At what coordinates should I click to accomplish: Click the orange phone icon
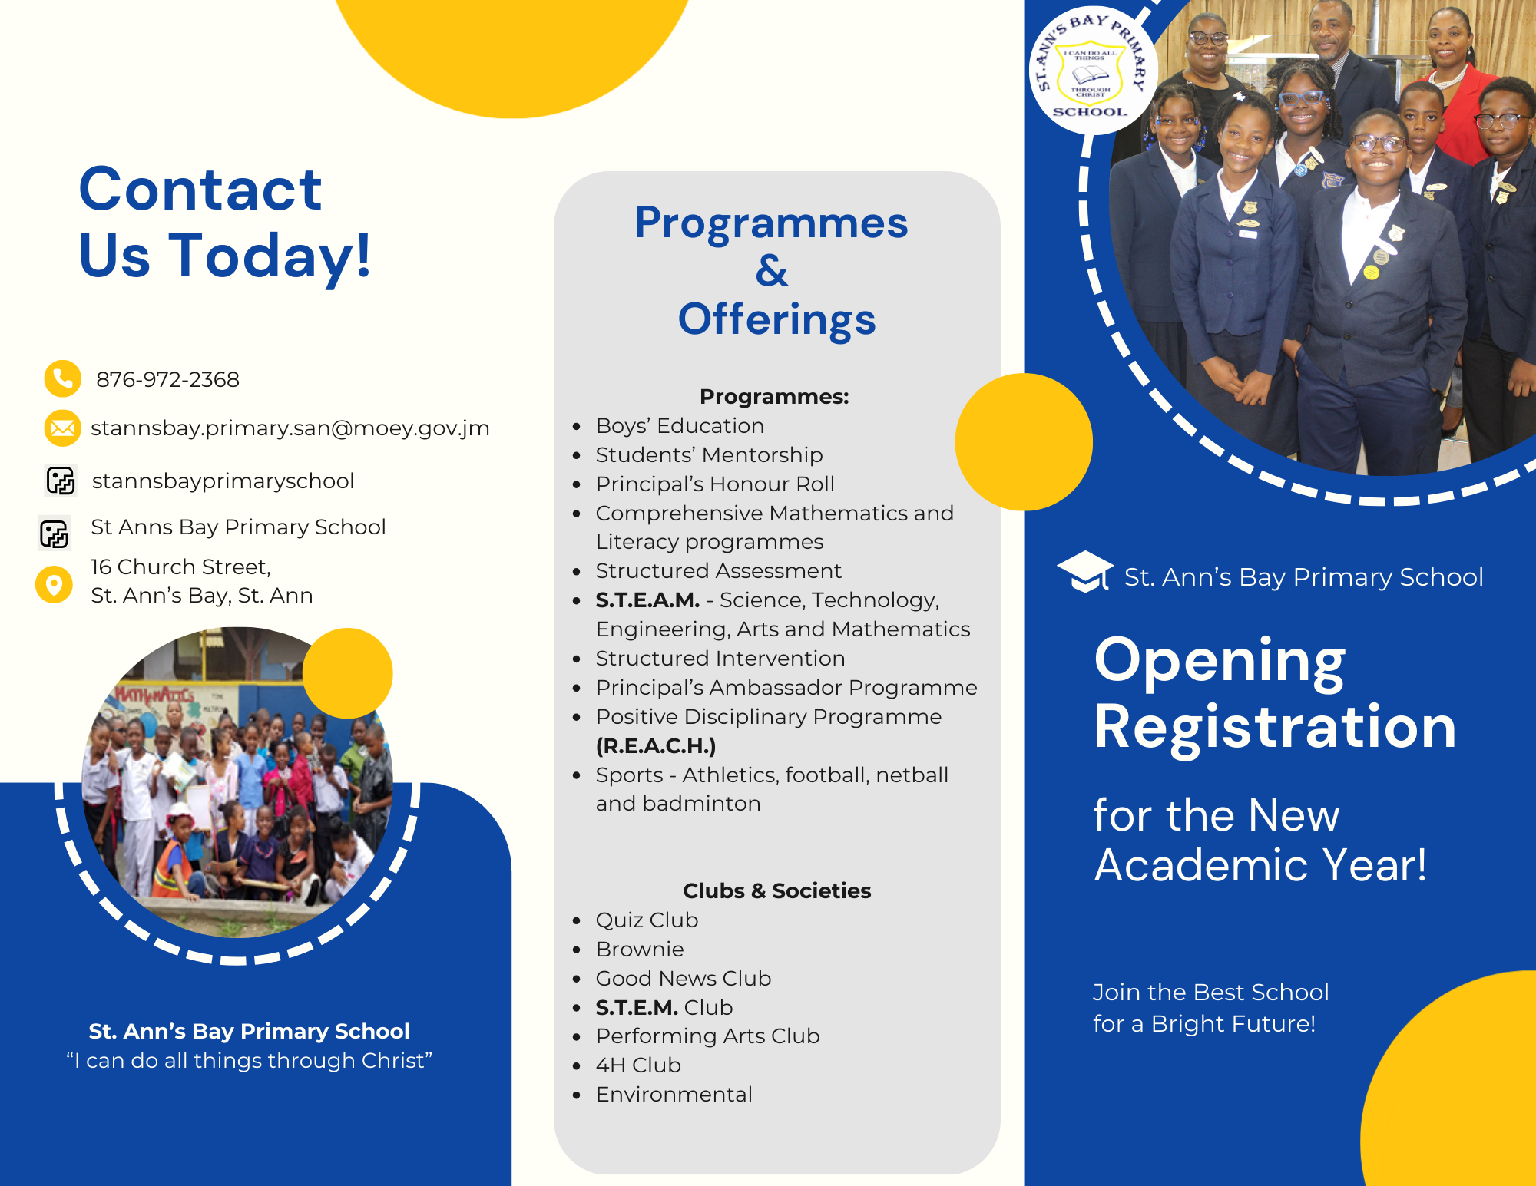coord(62,378)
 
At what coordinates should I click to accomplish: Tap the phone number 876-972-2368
coord(167,379)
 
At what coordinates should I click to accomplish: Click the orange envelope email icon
coord(62,428)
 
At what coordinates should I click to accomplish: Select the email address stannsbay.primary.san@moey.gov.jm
coord(290,428)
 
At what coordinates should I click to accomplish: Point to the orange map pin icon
coord(54,585)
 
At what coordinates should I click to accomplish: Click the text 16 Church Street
coord(180,567)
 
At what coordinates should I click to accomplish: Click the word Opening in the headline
coord(1220,662)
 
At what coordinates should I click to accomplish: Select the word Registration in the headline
coord(1275,726)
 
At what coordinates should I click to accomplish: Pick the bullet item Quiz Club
coord(647,920)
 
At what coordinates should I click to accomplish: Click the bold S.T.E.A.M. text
coord(647,600)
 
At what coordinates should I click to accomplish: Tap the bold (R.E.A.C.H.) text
coord(656,745)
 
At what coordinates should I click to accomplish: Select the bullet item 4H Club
coord(638,1065)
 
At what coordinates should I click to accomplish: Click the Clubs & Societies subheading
coord(777,890)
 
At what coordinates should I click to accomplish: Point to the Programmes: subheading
coord(774,396)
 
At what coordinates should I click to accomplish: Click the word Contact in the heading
coord(200,190)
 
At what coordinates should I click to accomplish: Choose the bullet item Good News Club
coord(684,978)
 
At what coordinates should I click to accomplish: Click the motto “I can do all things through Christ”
coord(250,1060)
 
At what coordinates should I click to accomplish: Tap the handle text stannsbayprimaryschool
coord(223,481)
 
